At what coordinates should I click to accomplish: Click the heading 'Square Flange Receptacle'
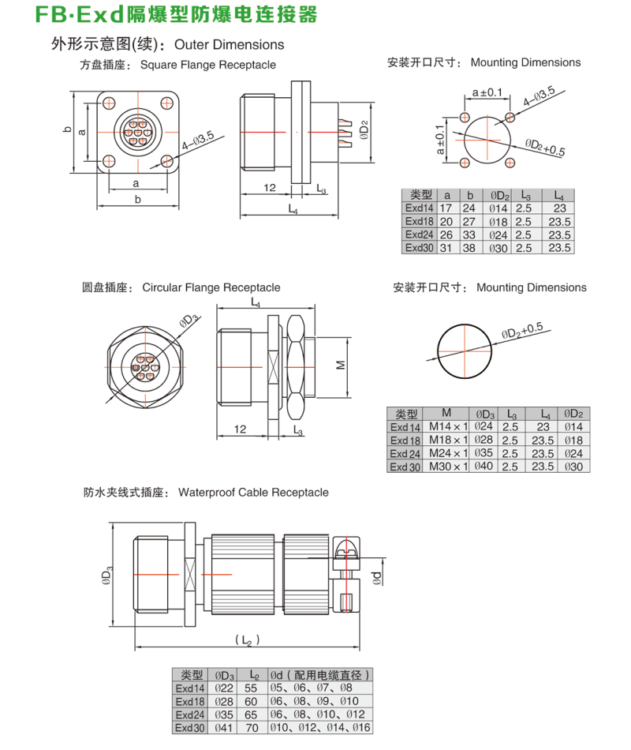pos(208,65)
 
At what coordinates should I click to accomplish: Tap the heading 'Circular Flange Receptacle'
pos(211,287)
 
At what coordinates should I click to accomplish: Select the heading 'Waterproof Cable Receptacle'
pos(253,493)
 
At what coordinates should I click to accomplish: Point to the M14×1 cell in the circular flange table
pos(446,427)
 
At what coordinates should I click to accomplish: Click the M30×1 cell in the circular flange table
pos(446,466)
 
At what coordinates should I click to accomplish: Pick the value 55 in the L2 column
pos(252,688)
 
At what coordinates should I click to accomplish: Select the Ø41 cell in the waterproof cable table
pos(225,727)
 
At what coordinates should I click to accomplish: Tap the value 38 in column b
pos(470,247)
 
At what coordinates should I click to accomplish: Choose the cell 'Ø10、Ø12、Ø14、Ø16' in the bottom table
pos(319,727)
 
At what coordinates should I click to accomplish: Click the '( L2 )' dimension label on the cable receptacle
pos(248,639)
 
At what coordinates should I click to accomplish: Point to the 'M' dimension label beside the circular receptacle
pos(340,366)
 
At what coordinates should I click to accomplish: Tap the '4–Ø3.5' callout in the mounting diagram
pos(540,98)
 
